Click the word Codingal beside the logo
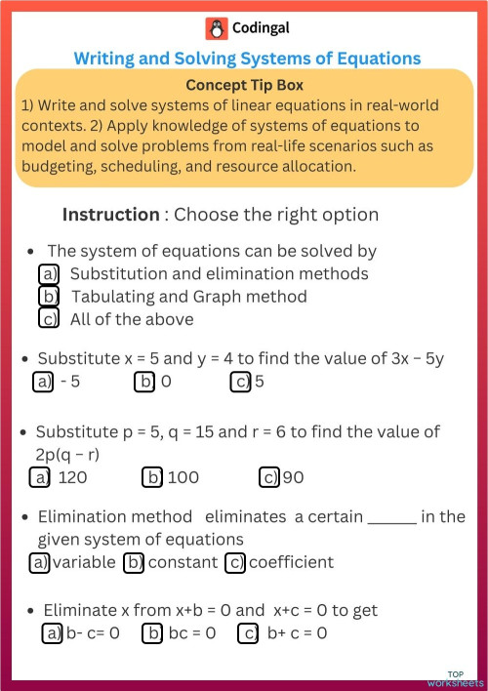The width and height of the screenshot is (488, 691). [261, 28]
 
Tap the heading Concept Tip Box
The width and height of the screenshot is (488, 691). [244, 86]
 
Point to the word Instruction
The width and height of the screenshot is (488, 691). [110, 215]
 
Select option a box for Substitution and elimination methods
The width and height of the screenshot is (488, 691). [49, 274]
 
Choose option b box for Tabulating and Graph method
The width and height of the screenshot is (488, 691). [49, 296]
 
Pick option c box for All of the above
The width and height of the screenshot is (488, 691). [49, 318]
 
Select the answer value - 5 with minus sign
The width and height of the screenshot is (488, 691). [69, 382]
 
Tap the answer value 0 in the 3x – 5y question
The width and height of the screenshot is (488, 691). [166, 382]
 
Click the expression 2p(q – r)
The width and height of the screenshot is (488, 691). [69, 454]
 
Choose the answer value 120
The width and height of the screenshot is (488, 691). [73, 477]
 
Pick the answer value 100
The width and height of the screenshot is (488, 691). [183, 477]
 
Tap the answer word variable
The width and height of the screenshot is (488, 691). [83, 562]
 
